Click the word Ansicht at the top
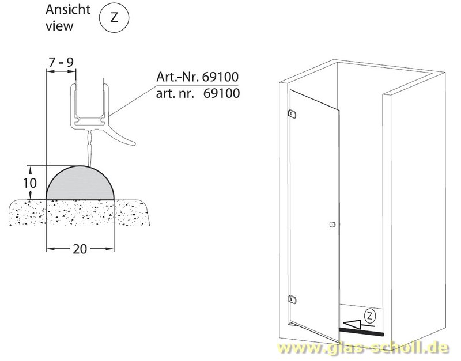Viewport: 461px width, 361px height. tap(67, 9)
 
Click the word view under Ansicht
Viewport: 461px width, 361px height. tap(59, 26)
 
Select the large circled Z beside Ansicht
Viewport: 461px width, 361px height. tap(114, 18)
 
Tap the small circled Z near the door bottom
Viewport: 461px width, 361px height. tap(370, 316)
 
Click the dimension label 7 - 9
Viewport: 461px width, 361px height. tap(61, 62)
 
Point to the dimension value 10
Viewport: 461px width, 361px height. tap(30, 183)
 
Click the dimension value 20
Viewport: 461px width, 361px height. tap(80, 249)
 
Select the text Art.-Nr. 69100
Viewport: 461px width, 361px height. tap(197, 77)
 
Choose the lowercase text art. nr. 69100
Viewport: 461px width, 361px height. tap(198, 93)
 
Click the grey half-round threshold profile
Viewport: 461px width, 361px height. tap(80, 183)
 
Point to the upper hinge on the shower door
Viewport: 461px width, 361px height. tap(292, 114)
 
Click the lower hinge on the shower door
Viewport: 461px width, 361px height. tap(292, 299)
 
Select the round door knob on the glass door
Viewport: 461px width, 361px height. tap(332, 225)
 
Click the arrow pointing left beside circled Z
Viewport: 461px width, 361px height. tap(358, 324)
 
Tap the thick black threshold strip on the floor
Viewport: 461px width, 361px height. tap(362, 332)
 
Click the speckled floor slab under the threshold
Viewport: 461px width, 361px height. tap(80, 212)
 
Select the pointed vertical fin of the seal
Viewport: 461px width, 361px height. tap(90, 147)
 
